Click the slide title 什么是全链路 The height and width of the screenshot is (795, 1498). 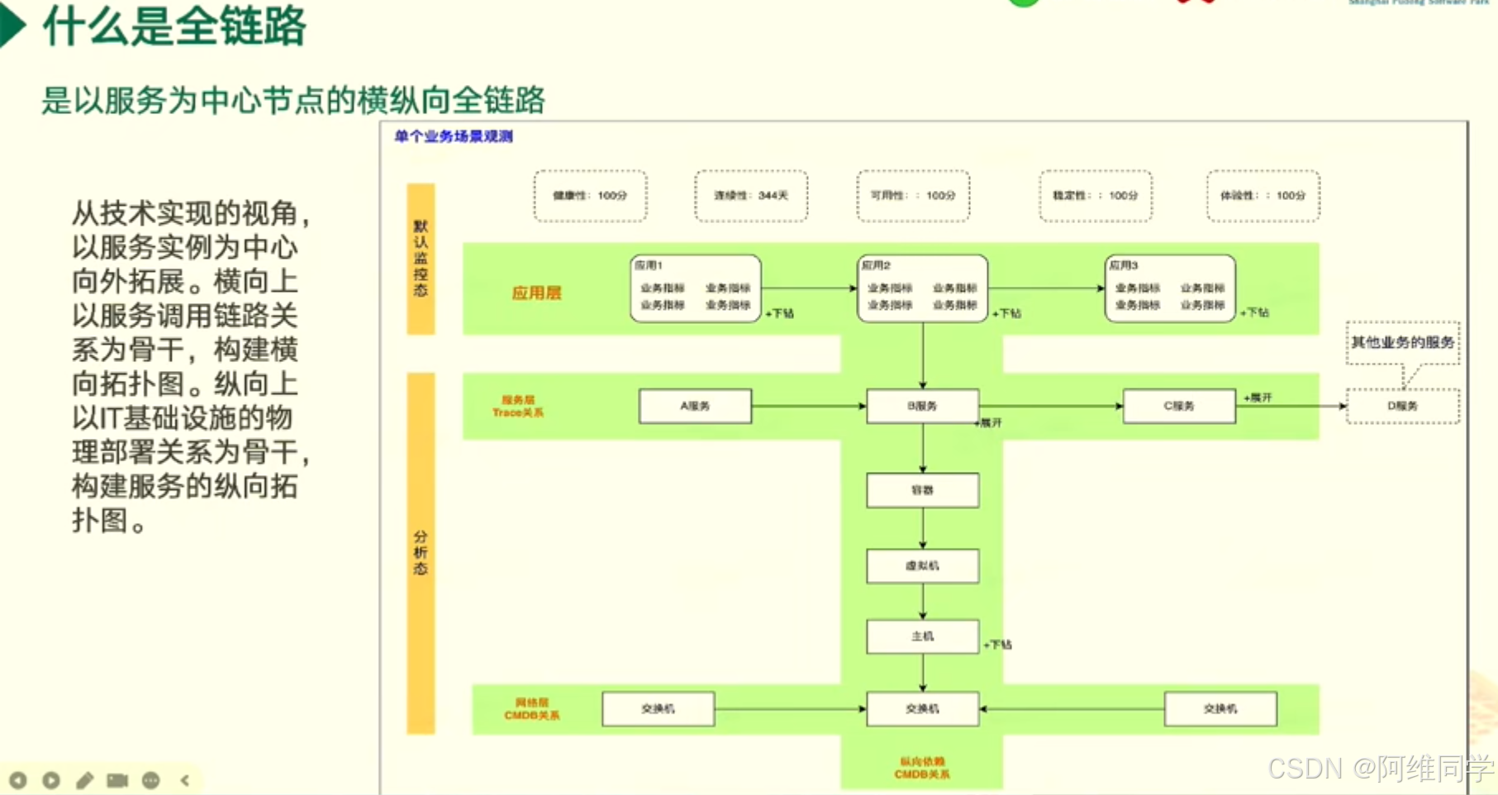[174, 26]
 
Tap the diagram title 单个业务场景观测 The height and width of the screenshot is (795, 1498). [454, 136]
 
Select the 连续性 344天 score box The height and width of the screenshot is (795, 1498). [751, 196]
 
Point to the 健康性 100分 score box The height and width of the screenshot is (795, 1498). [590, 196]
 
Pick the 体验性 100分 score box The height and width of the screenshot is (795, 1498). [1263, 196]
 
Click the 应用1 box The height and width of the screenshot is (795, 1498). [695, 288]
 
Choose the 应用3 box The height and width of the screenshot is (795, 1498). [1170, 288]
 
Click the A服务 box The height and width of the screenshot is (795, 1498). [695, 406]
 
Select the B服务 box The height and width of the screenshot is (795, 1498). [922, 406]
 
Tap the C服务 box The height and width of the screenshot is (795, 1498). [1179, 406]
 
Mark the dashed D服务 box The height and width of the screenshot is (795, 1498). [1402, 406]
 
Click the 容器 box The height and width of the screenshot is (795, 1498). [922, 490]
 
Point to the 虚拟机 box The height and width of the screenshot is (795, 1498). [922, 566]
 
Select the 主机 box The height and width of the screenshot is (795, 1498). [922, 636]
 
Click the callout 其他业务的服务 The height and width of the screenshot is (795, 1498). [1402, 342]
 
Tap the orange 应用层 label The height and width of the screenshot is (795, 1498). [536, 293]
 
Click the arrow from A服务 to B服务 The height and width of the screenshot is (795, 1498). [808, 406]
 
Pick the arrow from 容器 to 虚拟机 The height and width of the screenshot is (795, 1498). [923, 528]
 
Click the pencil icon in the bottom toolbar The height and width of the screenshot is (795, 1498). [84, 780]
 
